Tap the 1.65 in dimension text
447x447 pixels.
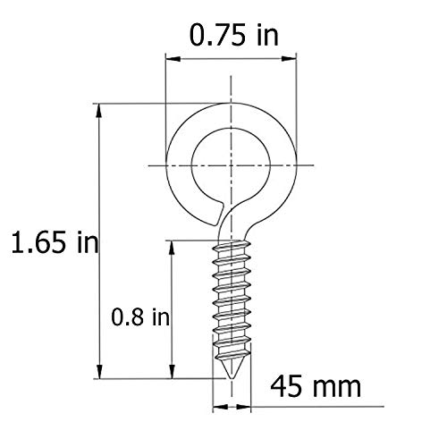point(51,241)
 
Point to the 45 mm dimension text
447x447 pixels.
point(314,386)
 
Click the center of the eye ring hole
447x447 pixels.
point(231,165)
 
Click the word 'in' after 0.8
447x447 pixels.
point(161,316)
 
